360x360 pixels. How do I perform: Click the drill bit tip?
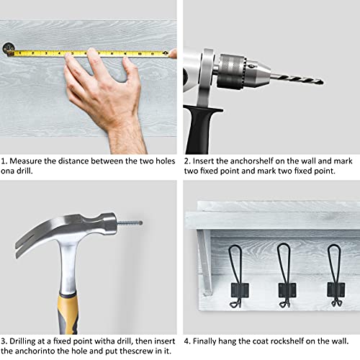(323, 83)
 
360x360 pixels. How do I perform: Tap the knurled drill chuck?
(232, 71)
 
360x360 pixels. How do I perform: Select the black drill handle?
(200, 130)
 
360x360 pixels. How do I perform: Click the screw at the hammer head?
(130, 223)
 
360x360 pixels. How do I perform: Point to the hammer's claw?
(31, 240)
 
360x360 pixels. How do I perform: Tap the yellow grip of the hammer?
(68, 314)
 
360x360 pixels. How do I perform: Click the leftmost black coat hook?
(237, 276)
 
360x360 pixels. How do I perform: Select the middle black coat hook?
(286, 276)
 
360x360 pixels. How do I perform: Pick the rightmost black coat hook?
(336, 276)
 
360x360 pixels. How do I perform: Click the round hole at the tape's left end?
(9, 48)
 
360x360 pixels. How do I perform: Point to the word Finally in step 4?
(204, 341)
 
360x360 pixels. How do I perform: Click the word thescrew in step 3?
(136, 351)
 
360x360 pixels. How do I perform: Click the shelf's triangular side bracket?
(204, 262)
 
